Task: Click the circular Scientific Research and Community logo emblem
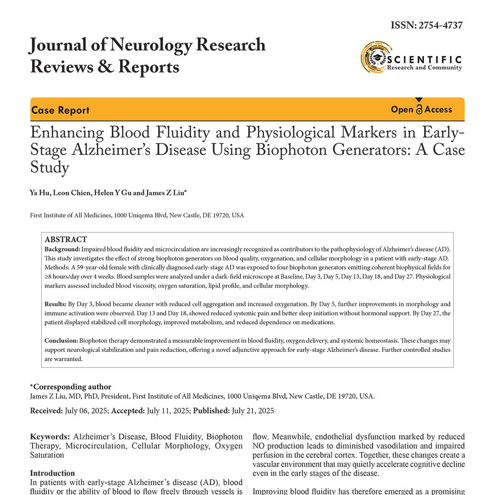375,57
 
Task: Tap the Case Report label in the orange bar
60,110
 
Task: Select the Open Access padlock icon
419,110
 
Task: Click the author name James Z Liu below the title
165,193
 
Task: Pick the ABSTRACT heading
66,240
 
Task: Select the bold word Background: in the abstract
62,249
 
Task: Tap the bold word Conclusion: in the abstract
61,341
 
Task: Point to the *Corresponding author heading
71,387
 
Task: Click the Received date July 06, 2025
87,411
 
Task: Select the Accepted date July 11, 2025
168,411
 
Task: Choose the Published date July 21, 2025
253,411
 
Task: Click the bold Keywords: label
50,437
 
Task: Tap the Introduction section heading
52,473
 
